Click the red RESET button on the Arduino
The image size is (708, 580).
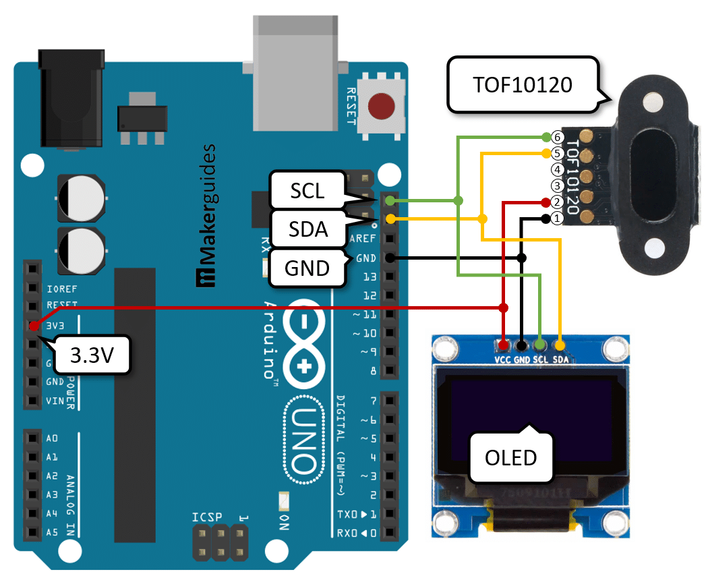click(x=381, y=107)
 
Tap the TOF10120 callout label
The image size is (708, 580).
click(x=523, y=85)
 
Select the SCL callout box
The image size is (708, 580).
click(x=307, y=191)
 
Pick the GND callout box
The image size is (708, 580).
click(x=307, y=268)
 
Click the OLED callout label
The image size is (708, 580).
click(x=510, y=457)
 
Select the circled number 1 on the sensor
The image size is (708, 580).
click(x=556, y=219)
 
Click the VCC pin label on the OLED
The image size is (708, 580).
click(x=503, y=360)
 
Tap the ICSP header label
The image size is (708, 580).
click(x=206, y=517)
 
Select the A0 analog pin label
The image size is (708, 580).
click(x=53, y=438)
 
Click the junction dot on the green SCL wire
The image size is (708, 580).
click(x=459, y=200)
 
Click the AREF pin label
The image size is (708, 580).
click(x=362, y=239)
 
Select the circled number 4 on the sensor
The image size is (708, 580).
click(x=556, y=169)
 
